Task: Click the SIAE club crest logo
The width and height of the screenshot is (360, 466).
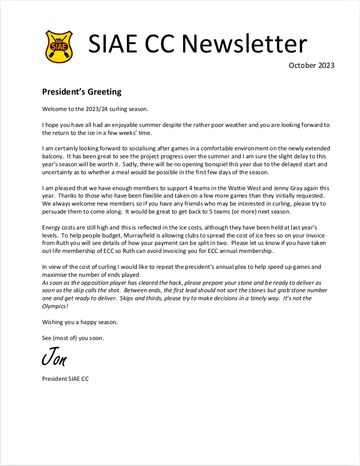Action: pyautogui.click(x=59, y=46)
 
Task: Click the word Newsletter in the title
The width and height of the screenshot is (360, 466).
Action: pyautogui.click(x=244, y=44)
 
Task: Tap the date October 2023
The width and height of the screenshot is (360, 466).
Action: pyautogui.click(x=311, y=66)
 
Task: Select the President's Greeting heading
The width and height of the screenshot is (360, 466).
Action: pyautogui.click(x=82, y=92)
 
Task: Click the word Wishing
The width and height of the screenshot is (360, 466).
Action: pyautogui.click(x=53, y=322)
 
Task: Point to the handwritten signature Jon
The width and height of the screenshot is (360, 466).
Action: pyautogui.click(x=54, y=358)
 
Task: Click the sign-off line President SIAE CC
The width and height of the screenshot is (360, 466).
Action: pyautogui.click(x=65, y=379)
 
